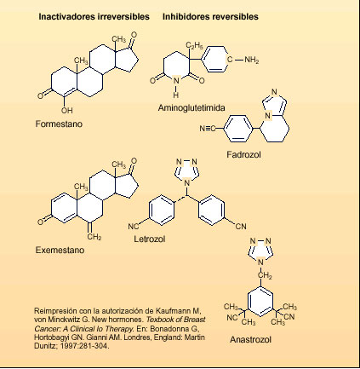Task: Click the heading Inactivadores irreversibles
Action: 94,16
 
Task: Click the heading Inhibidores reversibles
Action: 210,16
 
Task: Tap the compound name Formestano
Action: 59,124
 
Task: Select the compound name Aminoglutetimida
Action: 191,108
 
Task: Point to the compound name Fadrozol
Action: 243,155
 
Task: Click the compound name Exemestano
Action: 60,251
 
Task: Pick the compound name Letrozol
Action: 150,239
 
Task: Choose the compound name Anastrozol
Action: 250,340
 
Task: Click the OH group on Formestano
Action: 66,111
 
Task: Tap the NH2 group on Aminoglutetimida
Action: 252,60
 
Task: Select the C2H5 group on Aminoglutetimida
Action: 194,45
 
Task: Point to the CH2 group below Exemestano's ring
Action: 94,237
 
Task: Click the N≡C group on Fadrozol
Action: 207,129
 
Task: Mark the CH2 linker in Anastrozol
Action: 265,275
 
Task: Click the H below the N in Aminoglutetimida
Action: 176,95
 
